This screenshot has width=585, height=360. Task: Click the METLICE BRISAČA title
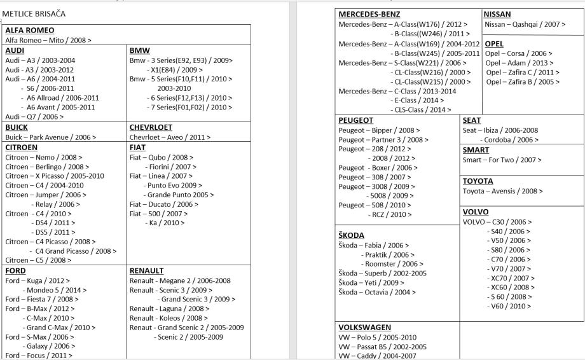pos(35,13)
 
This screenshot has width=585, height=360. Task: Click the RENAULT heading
pos(147,270)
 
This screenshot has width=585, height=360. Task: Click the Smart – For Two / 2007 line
pos(502,160)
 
